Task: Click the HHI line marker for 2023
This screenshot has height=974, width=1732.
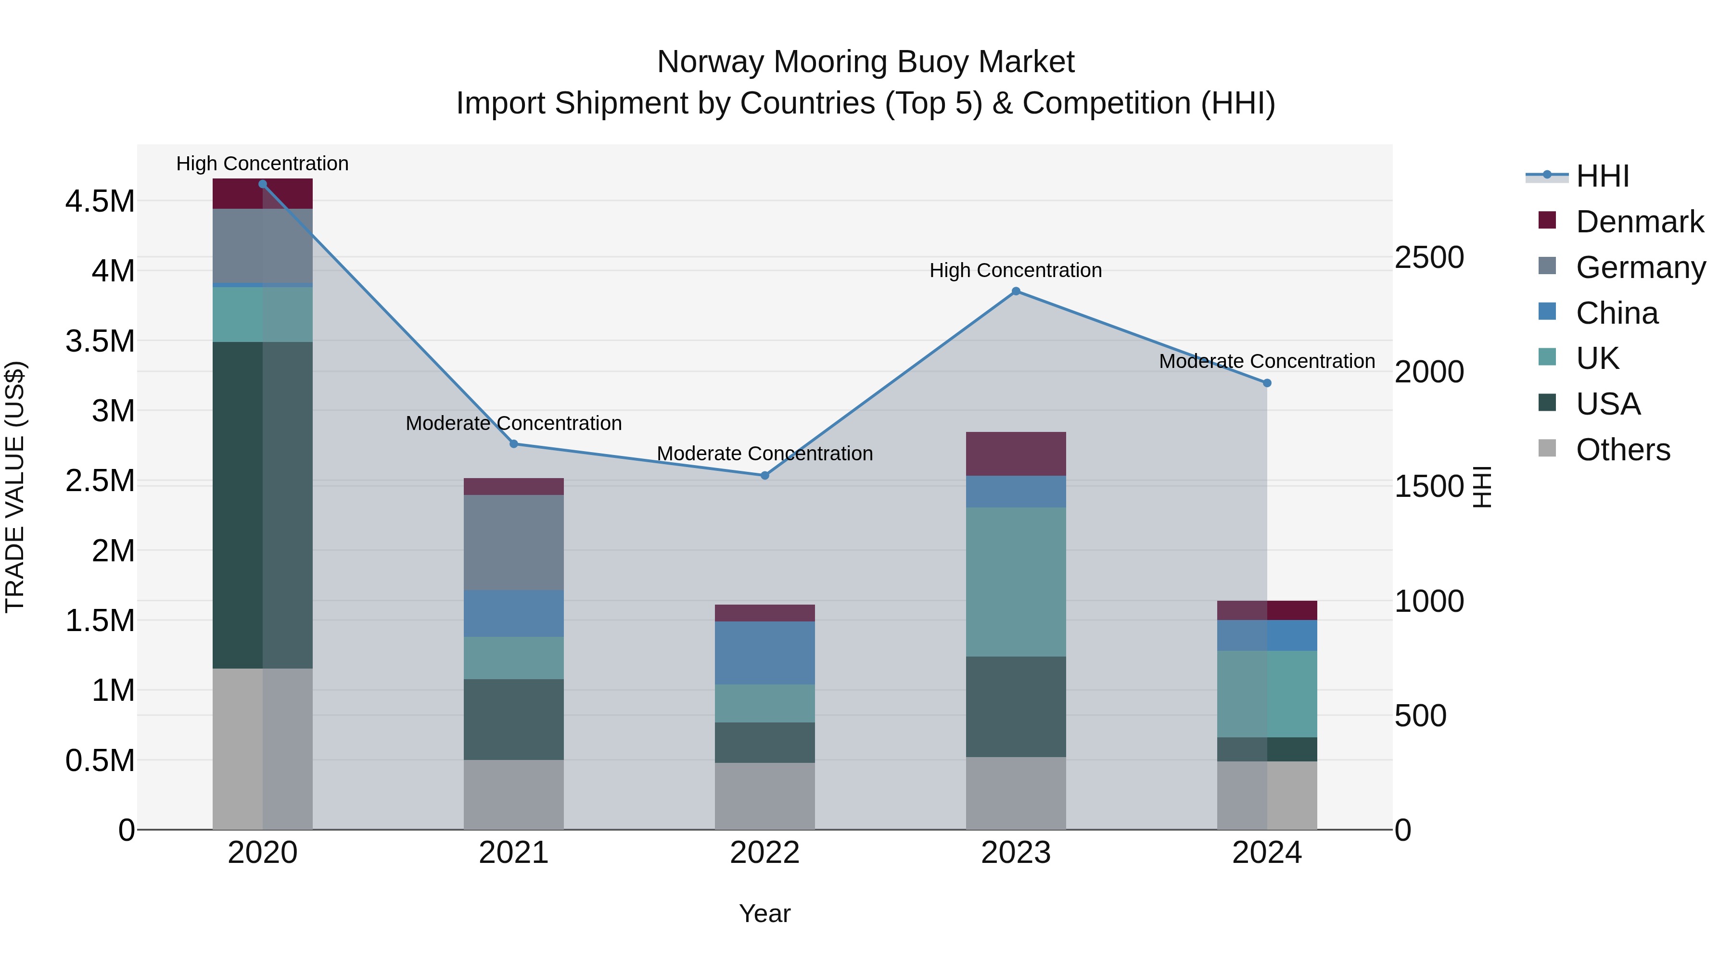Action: point(1016,291)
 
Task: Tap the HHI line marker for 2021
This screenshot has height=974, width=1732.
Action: point(514,443)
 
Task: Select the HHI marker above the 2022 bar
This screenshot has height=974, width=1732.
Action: point(764,475)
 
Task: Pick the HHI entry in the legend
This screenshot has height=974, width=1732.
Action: point(1602,176)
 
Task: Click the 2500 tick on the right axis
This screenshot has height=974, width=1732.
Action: point(1429,257)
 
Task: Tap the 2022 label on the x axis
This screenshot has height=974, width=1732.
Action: point(764,853)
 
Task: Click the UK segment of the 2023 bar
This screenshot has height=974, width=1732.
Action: point(1016,582)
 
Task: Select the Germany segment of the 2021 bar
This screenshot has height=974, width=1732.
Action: point(514,543)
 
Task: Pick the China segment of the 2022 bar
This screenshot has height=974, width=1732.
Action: point(764,653)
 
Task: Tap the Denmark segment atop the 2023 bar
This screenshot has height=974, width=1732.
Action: point(1016,454)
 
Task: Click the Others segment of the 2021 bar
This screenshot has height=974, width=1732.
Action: point(514,795)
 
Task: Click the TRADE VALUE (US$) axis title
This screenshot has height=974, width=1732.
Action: point(15,487)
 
